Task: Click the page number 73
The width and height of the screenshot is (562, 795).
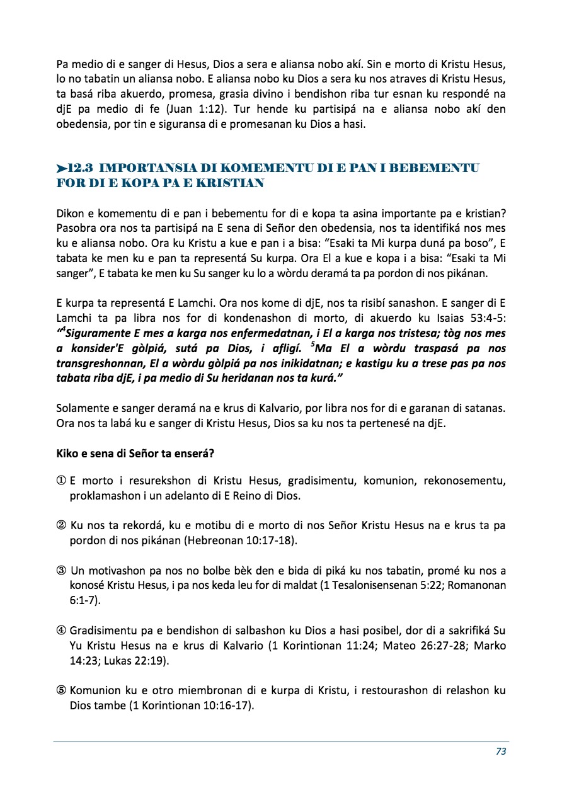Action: point(501,751)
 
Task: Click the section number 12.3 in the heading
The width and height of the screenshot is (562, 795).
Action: point(81,168)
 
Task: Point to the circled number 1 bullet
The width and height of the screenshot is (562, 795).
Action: point(62,482)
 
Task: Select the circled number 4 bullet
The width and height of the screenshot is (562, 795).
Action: point(62,631)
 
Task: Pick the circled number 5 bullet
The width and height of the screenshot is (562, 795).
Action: point(62,690)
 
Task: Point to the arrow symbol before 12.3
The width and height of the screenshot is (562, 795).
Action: point(61,169)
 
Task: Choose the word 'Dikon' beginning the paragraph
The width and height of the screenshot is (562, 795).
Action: point(70,213)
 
